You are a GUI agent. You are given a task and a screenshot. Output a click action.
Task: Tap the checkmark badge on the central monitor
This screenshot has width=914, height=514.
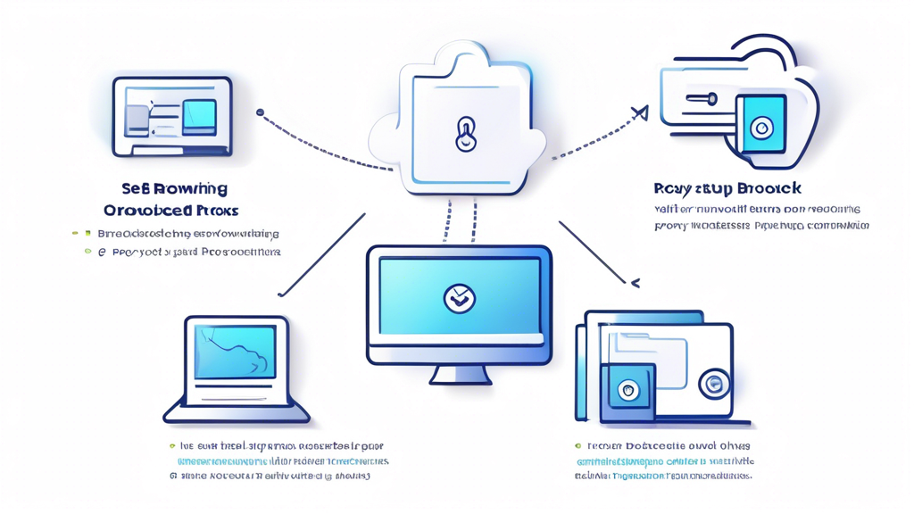pyautogui.click(x=460, y=298)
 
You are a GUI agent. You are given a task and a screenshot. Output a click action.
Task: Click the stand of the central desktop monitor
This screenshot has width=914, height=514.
pyautogui.click(x=460, y=373)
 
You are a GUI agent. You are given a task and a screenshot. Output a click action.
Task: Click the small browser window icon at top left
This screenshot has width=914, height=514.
pyautogui.click(x=172, y=117)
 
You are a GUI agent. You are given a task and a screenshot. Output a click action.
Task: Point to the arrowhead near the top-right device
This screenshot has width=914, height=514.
pyautogui.click(x=639, y=112)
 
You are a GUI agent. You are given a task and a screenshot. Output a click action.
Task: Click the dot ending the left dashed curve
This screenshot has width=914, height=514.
pyautogui.click(x=260, y=112)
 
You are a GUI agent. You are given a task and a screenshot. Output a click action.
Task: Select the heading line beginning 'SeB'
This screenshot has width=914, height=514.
pyautogui.click(x=174, y=188)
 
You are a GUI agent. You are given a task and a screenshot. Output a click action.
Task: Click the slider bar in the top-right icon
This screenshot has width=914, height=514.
pyautogui.click(x=701, y=100)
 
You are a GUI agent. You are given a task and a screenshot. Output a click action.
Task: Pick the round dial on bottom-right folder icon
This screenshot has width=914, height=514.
pyautogui.click(x=713, y=384)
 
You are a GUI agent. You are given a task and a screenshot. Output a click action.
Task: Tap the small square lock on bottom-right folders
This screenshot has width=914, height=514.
pyautogui.click(x=627, y=391)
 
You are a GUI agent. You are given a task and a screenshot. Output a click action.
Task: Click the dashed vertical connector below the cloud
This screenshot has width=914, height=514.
pyautogui.click(x=461, y=220)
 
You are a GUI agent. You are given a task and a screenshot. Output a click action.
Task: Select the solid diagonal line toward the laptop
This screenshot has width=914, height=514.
pyautogui.click(x=321, y=255)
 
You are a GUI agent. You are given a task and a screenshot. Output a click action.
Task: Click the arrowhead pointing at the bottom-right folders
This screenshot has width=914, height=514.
pyautogui.click(x=635, y=283)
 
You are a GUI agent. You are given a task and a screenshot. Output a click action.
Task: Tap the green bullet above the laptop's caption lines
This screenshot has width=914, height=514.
pyautogui.click(x=172, y=445)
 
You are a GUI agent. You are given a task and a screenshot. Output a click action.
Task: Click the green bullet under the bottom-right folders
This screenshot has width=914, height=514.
pyautogui.click(x=578, y=445)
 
